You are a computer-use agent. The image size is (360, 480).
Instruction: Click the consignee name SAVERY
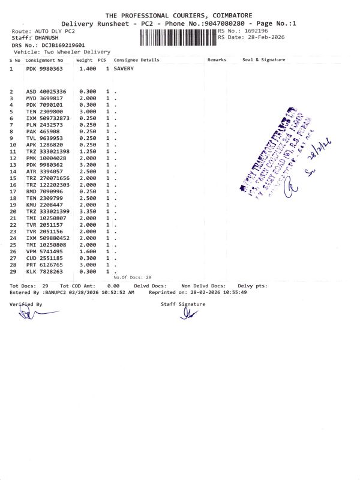click(124, 68)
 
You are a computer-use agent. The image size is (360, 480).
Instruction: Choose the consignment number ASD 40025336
click(48, 91)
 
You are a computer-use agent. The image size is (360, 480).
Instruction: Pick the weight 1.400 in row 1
click(88, 68)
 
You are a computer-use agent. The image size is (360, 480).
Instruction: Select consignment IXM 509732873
click(48, 118)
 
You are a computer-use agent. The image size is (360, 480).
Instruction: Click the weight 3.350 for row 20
click(88, 212)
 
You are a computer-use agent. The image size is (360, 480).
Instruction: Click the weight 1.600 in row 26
click(88, 251)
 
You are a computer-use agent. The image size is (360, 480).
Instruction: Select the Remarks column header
click(217, 60)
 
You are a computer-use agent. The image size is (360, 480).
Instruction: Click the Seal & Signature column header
click(263, 60)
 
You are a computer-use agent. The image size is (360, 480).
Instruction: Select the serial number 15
click(11, 178)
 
